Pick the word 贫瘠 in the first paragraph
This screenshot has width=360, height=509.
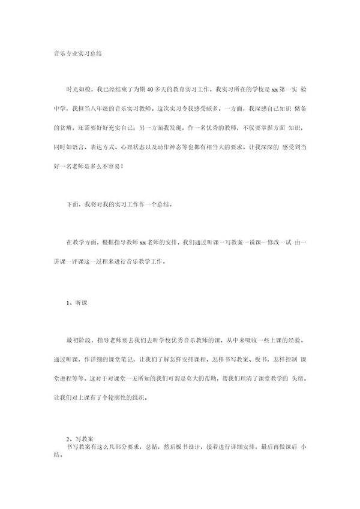click(61, 129)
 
